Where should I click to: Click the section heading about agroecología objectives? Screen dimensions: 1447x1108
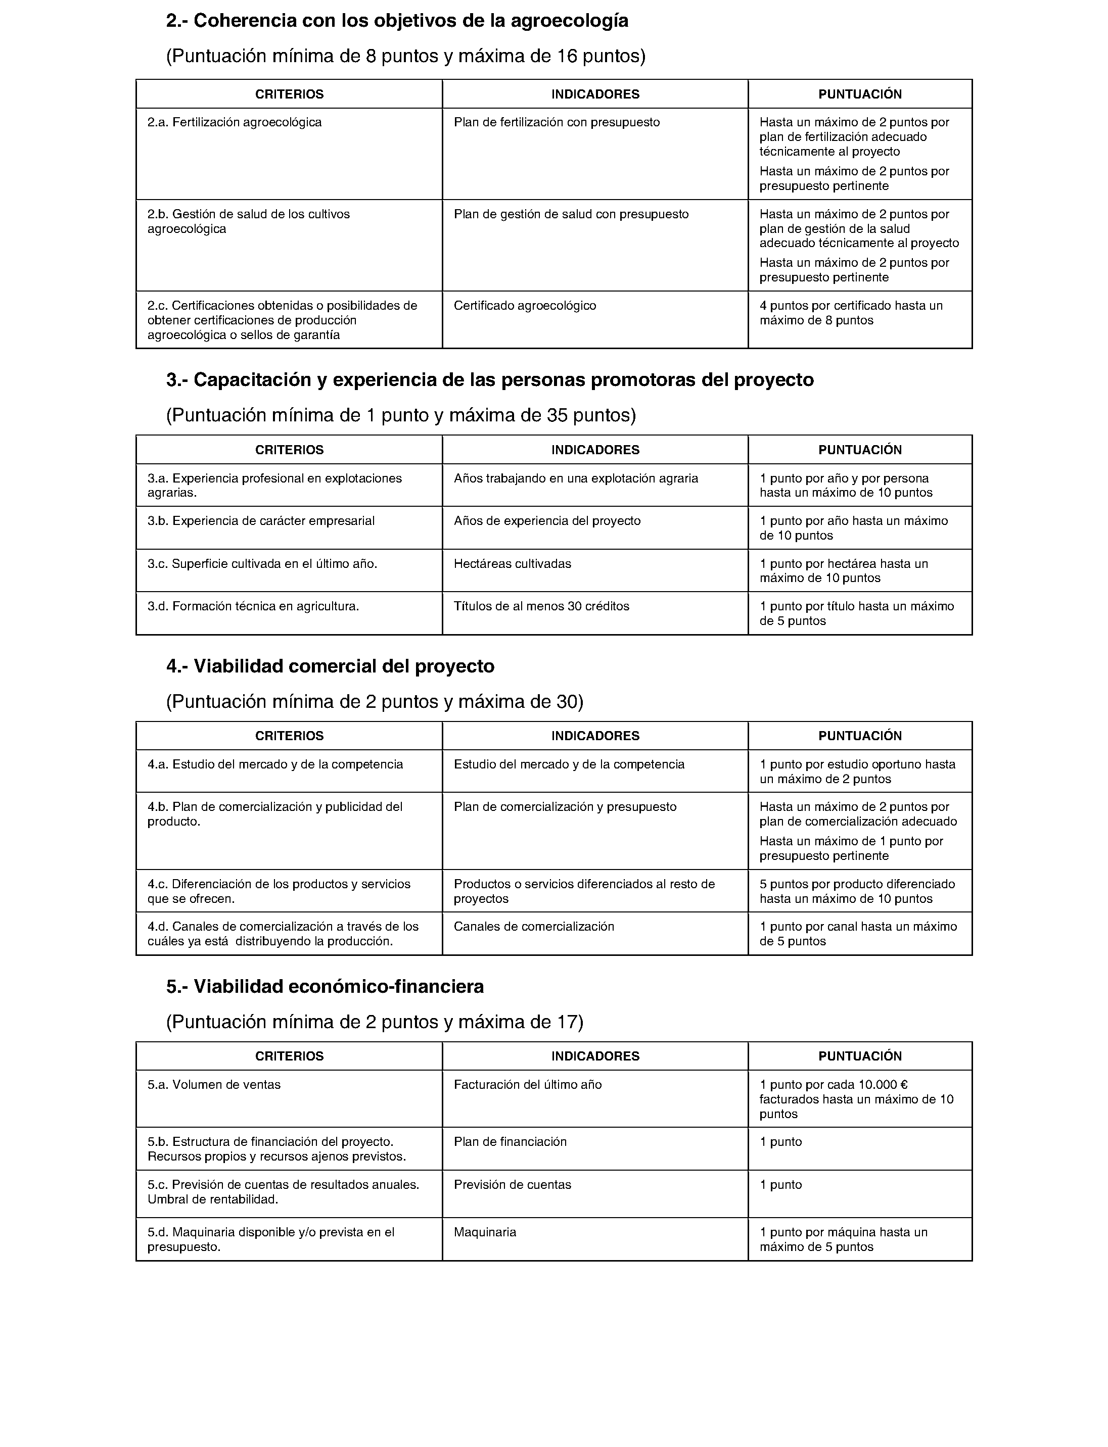pyautogui.click(x=397, y=21)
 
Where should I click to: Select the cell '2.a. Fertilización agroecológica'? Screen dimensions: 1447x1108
pyautogui.click(x=234, y=123)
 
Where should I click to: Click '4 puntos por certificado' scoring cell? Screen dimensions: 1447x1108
pyautogui.click(x=851, y=313)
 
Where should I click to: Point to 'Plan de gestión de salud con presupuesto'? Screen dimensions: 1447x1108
pyautogui.click(x=571, y=214)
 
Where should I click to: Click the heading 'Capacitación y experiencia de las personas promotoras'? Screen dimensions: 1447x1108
pyautogui.click(x=489, y=380)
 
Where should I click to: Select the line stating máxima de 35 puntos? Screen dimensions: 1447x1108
pyautogui.click(x=401, y=415)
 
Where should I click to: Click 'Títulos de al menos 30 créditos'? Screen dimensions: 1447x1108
pyautogui.click(x=541, y=606)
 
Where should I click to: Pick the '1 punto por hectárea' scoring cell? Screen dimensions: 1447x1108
pyautogui.click(x=844, y=571)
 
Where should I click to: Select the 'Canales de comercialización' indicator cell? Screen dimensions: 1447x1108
pyautogui.click(x=534, y=927)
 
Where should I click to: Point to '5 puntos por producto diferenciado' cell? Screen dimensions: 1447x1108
pyautogui.click(x=857, y=891)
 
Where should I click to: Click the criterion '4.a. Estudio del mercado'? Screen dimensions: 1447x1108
pyautogui.click(x=275, y=765)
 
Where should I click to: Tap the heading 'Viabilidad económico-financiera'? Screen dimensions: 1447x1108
pyautogui.click(x=325, y=987)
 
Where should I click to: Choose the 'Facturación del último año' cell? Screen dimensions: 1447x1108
pyautogui.click(x=527, y=1085)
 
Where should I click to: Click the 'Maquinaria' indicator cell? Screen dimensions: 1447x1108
pyautogui.click(x=485, y=1233)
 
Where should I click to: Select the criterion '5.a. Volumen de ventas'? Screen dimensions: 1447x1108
pyautogui.click(x=214, y=1085)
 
